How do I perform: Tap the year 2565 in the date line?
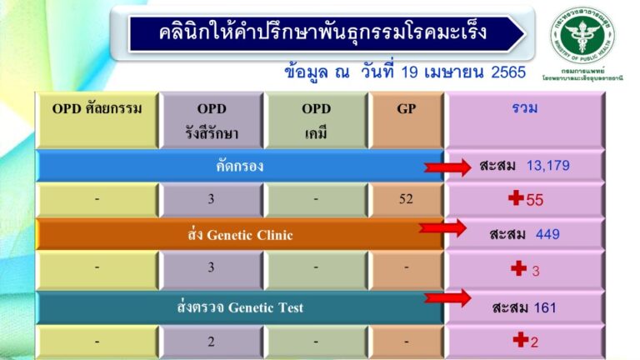(505, 72)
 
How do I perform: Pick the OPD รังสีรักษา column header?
(212, 118)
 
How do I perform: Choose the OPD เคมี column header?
(316, 118)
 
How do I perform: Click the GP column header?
(406, 108)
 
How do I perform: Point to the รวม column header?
(525, 108)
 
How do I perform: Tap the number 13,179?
(547, 165)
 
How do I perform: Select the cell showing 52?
(406, 199)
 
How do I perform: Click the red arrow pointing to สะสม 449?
(442, 228)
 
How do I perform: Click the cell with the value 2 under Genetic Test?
(212, 341)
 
